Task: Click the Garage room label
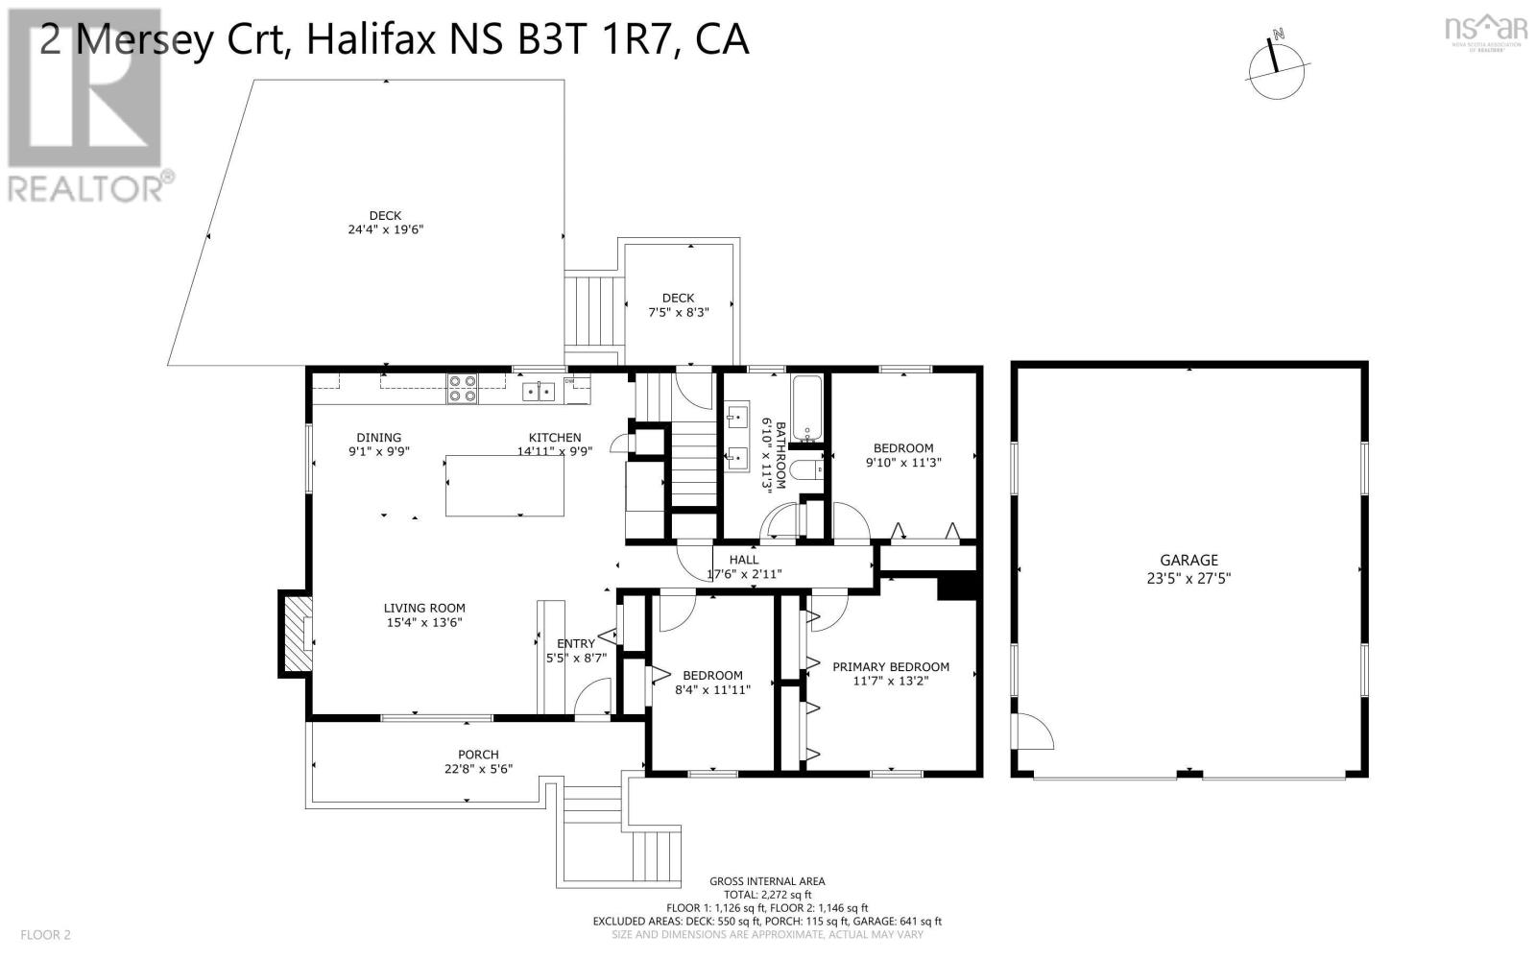1188,560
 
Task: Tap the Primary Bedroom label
890,666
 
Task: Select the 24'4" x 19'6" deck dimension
385,230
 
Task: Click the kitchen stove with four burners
462,388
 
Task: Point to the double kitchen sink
539,391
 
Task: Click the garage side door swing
1035,732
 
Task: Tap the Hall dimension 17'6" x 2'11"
744,574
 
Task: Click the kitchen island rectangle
504,486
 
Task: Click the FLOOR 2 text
46,934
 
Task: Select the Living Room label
424,608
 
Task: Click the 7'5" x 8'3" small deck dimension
678,312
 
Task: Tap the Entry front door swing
596,696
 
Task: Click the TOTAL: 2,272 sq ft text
767,894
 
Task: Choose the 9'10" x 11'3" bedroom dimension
902,462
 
